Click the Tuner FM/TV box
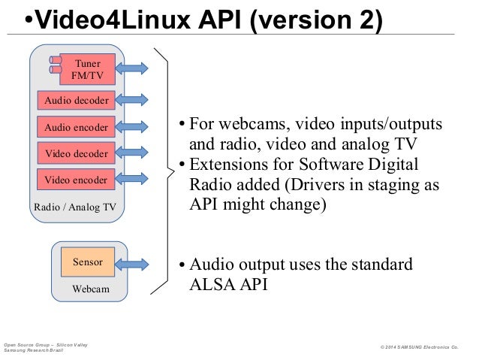[87, 68]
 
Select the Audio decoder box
[76, 100]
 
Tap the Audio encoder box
[76, 127]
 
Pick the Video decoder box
[76, 154]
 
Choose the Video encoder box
[76, 180]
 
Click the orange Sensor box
[87, 262]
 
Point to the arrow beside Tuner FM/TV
[132, 68]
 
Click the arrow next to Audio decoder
[132, 100]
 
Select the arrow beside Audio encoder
[132, 127]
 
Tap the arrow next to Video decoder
[132, 154]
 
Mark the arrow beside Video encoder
[132, 180]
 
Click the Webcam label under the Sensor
[90, 289]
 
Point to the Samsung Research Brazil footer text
[35, 351]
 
